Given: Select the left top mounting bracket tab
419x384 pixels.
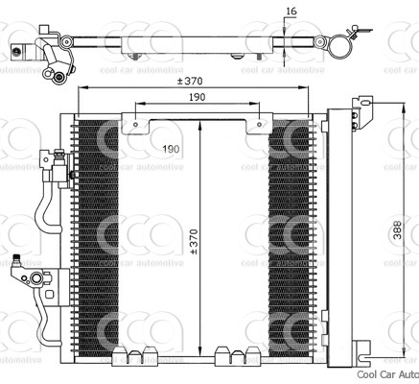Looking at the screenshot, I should tap(140, 123).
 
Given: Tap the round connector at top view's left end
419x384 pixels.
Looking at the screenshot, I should tap(58, 77).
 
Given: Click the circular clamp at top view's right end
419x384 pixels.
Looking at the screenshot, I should tap(338, 44).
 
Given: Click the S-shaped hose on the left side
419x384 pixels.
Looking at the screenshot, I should tap(42, 211).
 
